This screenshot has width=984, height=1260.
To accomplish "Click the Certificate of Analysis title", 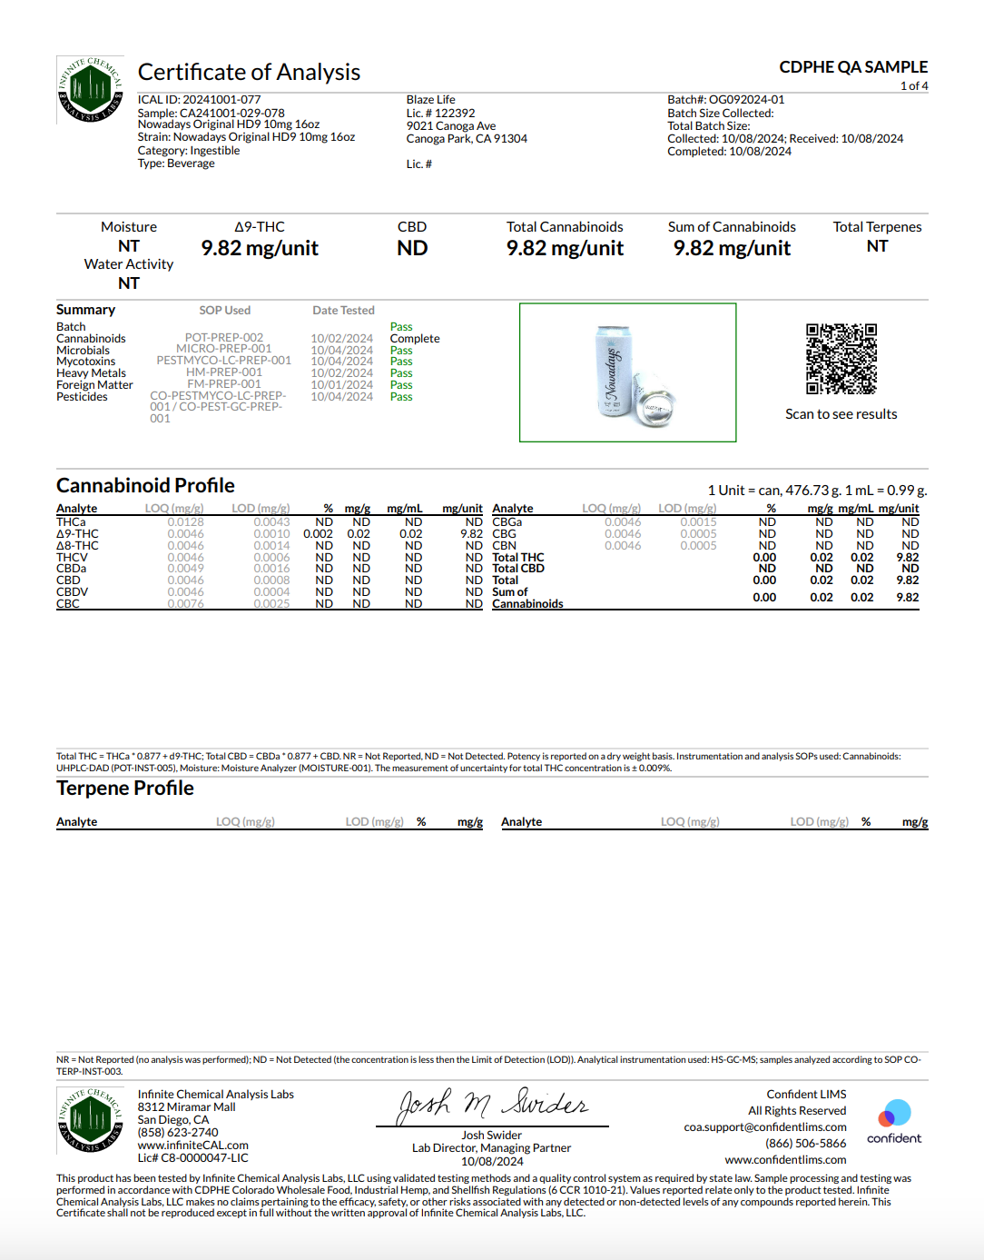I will click(x=249, y=73).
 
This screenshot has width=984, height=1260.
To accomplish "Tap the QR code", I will click(x=841, y=359).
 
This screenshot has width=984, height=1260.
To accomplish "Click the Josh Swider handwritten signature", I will click(x=493, y=1104).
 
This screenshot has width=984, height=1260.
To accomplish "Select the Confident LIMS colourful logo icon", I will click(x=894, y=1114).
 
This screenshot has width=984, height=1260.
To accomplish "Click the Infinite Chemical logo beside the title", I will click(x=90, y=90).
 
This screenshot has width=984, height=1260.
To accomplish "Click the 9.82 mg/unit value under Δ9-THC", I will click(x=260, y=249).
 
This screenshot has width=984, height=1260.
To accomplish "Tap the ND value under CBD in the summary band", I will click(x=412, y=249).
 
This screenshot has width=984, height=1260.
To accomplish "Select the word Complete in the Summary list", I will click(x=415, y=339).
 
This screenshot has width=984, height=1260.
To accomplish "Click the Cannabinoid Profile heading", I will click(x=145, y=486).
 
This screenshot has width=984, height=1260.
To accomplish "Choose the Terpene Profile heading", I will click(x=125, y=789).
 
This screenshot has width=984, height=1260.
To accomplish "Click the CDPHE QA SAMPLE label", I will click(x=853, y=67).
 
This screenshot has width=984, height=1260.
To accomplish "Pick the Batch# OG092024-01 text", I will click(x=726, y=100).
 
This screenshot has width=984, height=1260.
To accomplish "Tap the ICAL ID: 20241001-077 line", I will click(x=199, y=100).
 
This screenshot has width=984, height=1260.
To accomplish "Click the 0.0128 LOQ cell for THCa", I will click(x=185, y=522).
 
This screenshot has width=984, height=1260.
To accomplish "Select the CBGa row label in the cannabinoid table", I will click(x=507, y=522).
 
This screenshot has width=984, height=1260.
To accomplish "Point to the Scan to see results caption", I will click(x=841, y=414).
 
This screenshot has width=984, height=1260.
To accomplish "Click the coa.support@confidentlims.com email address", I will click(x=765, y=1127).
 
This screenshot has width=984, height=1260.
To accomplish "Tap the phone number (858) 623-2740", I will click(x=178, y=1133).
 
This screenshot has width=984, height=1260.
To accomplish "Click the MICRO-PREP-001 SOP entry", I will click(x=223, y=349).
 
